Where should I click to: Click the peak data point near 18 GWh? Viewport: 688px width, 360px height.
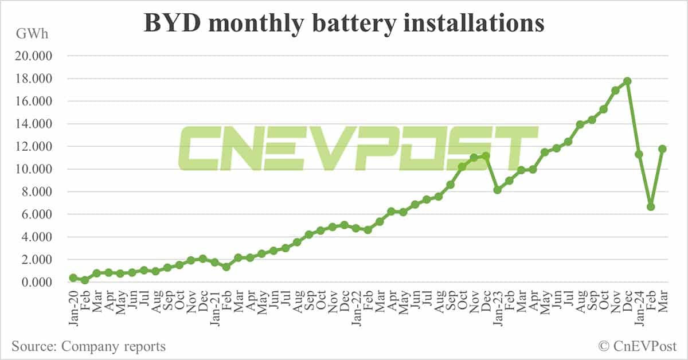coord(627,81)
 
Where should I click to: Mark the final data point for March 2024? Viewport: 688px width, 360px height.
coord(662,148)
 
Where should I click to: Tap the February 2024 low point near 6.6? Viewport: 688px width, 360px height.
coord(651,206)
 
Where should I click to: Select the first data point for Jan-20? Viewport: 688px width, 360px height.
coord(73,277)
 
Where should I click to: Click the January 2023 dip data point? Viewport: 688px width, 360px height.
coord(498,189)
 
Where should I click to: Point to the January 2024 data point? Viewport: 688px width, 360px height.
coord(639,154)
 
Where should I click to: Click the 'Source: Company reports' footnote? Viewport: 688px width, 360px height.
coord(88,346)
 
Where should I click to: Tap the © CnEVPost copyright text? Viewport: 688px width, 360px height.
coord(637,346)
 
